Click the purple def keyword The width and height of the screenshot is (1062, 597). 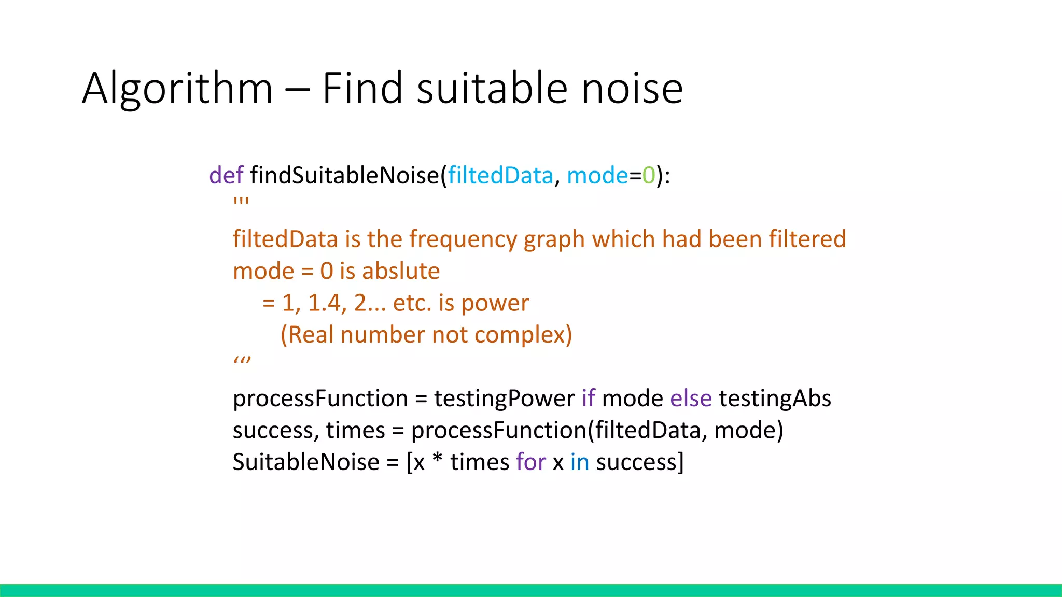(226, 175)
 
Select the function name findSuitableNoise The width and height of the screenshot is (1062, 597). (344, 175)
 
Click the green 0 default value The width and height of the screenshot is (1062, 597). (649, 175)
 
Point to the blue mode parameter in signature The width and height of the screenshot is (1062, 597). (597, 175)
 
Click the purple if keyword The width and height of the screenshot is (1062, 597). (588, 399)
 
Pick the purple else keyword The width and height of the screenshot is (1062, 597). (691, 399)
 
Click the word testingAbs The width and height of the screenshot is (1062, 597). (775, 399)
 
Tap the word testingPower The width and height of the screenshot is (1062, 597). (504, 399)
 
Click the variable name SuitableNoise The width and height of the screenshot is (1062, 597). (306, 462)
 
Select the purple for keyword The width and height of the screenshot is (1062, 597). (531, 462)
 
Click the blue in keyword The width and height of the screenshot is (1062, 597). (580, 462)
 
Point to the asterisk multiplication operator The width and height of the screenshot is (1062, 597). (437, 459)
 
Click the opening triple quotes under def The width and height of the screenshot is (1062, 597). (241, 201)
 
